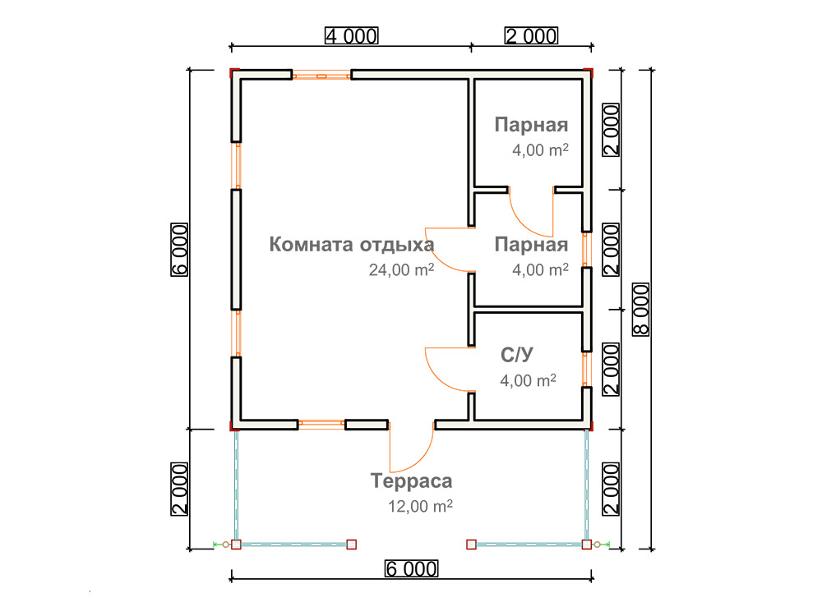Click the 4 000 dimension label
(351, 35)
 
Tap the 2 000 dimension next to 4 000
(531, 35)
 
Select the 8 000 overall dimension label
(640, 309)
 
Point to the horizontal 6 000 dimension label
(412, 568)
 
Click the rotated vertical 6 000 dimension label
(179, 250)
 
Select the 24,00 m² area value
(402, 269)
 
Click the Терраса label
(412, 480)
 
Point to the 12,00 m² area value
(420, 506)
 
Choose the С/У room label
(517, 355)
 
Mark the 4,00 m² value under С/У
(528, 380)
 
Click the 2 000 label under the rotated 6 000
(179, 490)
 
